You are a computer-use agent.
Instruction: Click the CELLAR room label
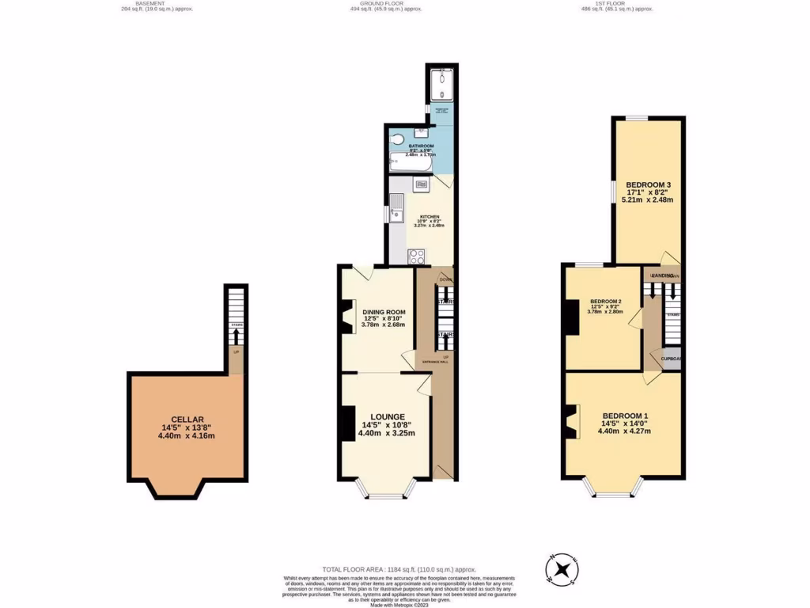click(x=187, y=420)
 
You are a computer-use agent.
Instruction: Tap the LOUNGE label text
click(x=387, y=416)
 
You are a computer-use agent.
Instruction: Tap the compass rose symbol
click(x=562, y=568)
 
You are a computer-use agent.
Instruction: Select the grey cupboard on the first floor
click(x=672, y=358)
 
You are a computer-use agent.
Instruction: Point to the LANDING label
click(x=663, y=275)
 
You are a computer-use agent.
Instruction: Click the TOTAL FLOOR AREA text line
click(x=388, y=568)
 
